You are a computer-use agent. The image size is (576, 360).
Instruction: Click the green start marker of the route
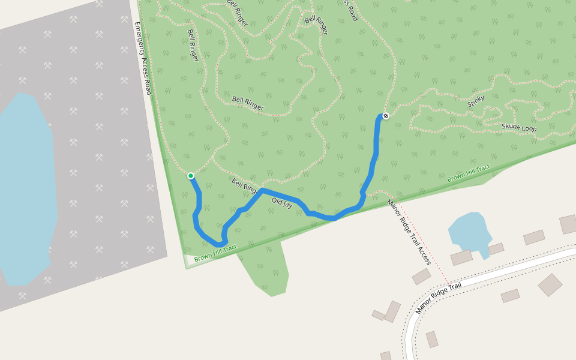191,176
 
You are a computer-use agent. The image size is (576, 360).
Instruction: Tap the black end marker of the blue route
386,116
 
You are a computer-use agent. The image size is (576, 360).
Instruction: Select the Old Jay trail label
282,203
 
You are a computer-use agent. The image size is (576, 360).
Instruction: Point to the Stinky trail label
475,101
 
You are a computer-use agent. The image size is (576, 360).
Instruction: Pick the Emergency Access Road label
143,58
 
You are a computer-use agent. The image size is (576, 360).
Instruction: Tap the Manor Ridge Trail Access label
409,232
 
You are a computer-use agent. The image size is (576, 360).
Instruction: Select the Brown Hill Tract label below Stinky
469,173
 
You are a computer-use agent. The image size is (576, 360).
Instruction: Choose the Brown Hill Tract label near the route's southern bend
215,253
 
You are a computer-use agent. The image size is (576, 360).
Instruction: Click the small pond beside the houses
470,230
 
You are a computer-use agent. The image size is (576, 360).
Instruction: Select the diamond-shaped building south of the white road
550,285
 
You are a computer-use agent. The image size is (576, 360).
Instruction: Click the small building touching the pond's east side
496,248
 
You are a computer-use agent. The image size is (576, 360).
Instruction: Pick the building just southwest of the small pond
461,257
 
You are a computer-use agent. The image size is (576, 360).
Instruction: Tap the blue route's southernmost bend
220,244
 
